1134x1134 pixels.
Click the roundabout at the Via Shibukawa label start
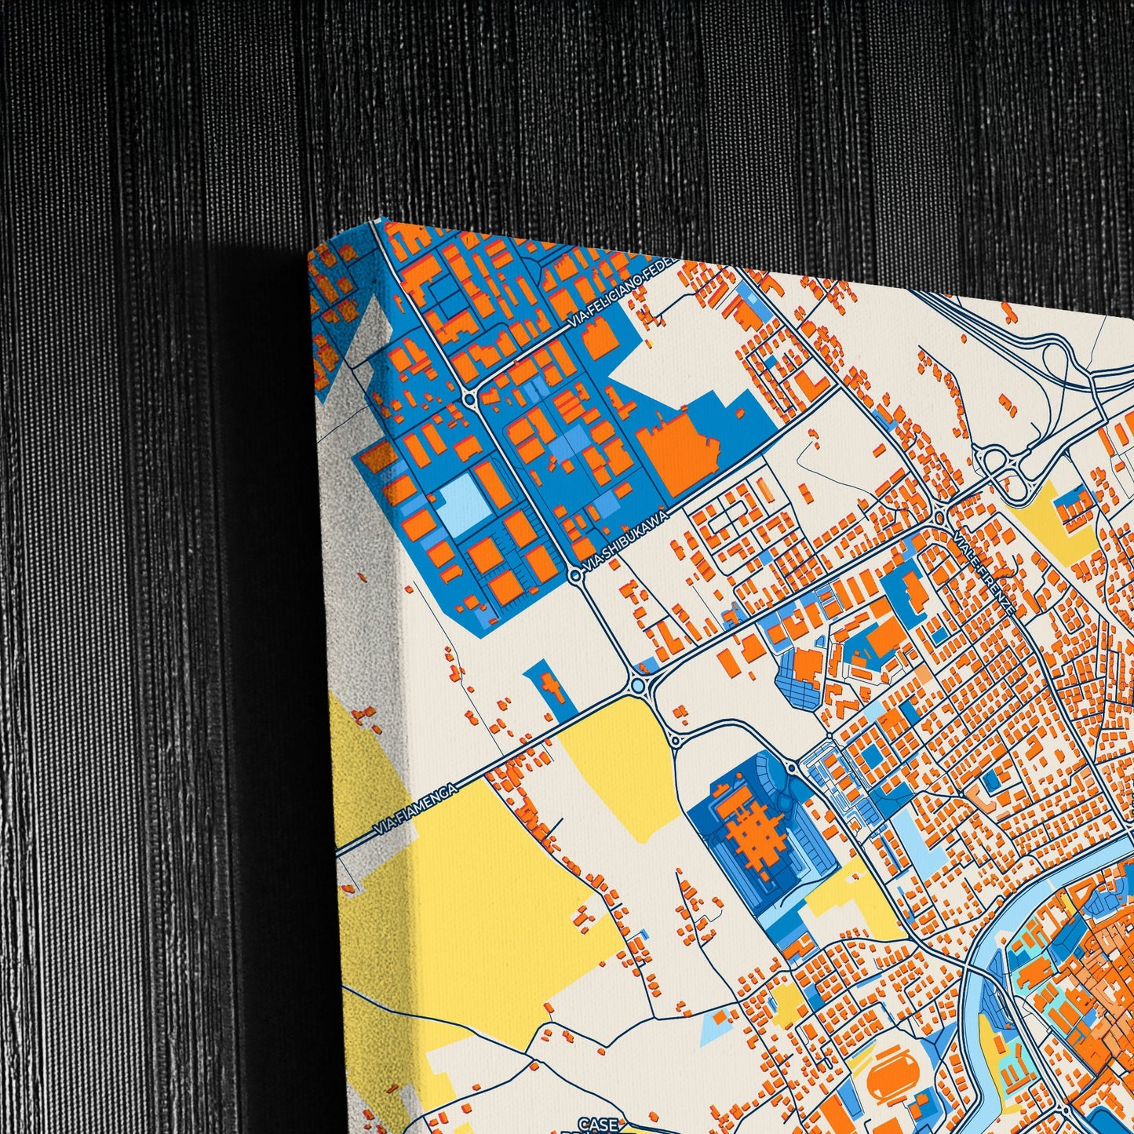[575, 575]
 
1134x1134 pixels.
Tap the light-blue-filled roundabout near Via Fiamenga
[637, 687]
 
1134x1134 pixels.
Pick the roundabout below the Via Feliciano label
[469, 399]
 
